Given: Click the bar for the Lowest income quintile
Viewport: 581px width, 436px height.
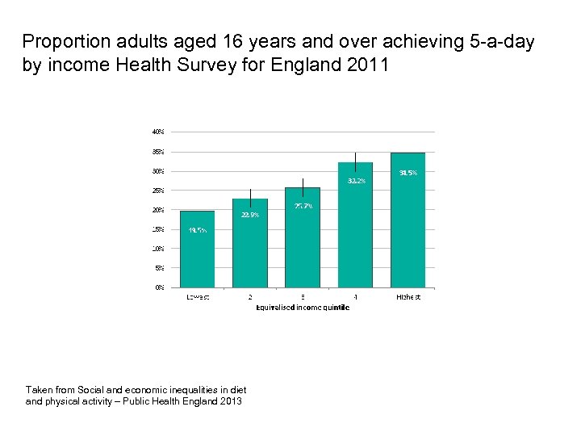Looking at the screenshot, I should coord(198,250).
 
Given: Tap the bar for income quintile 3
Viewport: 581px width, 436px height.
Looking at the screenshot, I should coord(303,238).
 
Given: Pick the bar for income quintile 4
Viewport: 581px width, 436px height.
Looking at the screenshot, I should coord(355,226).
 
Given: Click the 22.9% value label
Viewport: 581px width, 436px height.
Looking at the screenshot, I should coord(250,215).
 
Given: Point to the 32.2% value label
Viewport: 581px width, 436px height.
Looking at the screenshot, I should coord(356,181).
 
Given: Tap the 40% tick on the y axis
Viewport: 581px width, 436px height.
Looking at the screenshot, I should coord(158,132).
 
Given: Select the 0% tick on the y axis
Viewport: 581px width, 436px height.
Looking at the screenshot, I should coord(160,287).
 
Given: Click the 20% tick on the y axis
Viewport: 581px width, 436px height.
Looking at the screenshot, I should coord(158,209).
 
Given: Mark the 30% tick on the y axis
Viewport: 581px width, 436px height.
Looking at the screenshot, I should coord(158,170).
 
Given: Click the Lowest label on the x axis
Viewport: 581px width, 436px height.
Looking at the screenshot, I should coord(198,297).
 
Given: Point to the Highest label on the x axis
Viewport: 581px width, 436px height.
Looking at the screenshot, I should coord(408,297).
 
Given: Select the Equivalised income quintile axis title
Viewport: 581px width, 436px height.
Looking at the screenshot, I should coord(303,307).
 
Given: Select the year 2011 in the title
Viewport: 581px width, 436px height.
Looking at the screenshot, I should coord(370,65).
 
